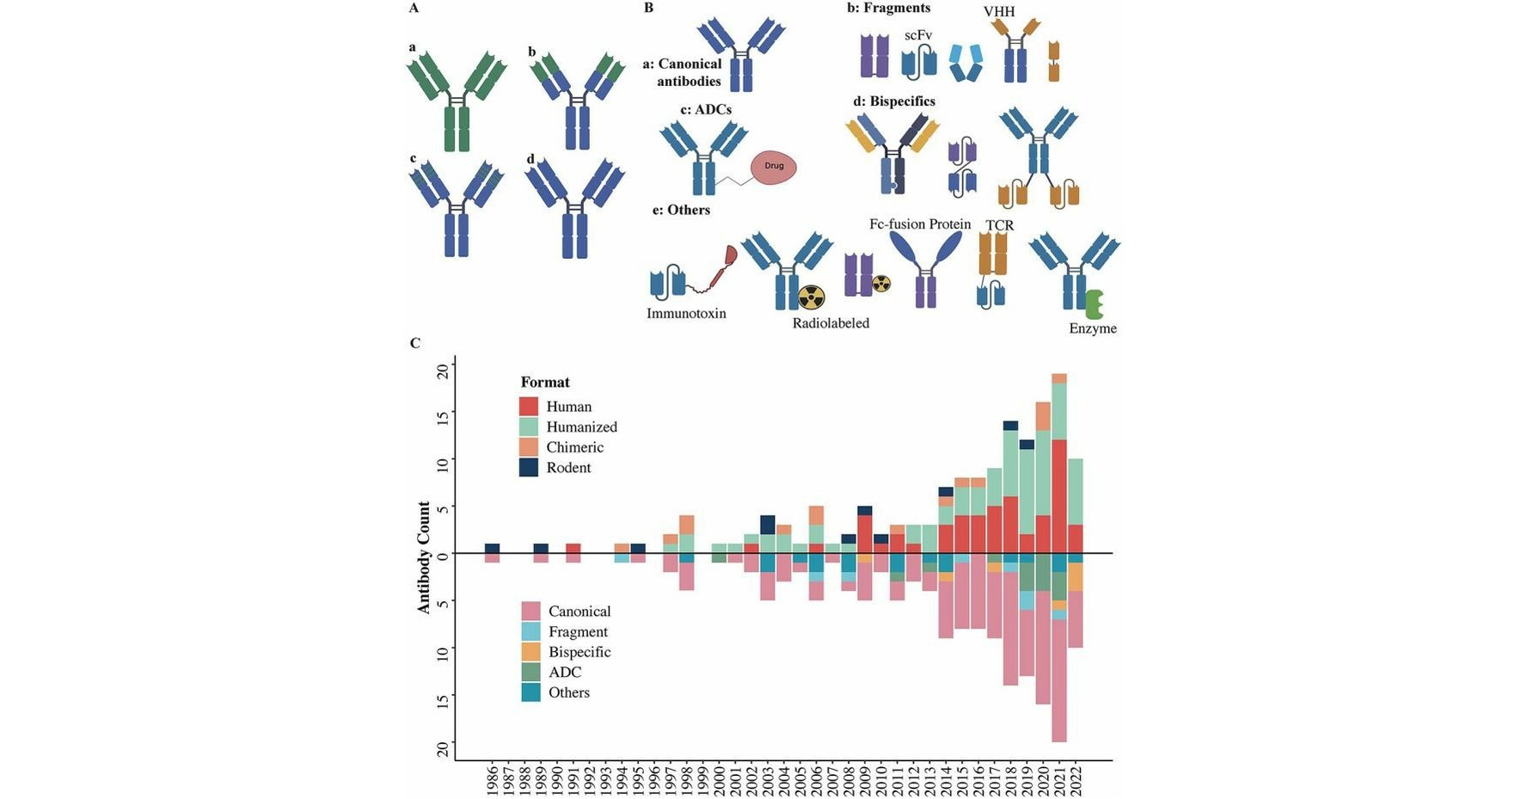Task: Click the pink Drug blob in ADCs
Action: click(x=774, y=168)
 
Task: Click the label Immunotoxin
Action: click(x=686, y=313)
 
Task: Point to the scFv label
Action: click(x=918, y=35)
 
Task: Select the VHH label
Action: click(x=999, y=11)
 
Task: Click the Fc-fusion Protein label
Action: click(x=920, y=224)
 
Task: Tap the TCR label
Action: click(x=999, y=225)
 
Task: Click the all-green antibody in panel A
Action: click(x=457, y=101)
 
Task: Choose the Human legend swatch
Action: click(x=529, y=406)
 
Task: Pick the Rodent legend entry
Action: click(x=568, y=468)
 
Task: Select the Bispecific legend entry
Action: click(x=580, y=652)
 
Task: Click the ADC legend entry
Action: click(x=565, y=673)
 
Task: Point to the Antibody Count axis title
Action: click(x=424, y=557)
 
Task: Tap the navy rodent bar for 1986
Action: click(x=493, y=548)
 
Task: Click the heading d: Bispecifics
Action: click(x=894, y=101)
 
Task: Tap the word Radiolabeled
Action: click(x=831, y=323)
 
